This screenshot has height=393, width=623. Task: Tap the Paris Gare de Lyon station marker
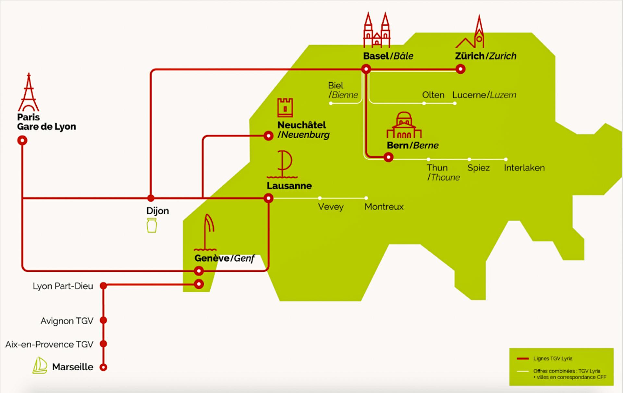click(x=22, y=140)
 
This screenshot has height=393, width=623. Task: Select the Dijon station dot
click(x=151, y=198)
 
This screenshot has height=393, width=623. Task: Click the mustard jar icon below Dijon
click(x=152, y=225)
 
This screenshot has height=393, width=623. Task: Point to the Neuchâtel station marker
click(x=268, y=135)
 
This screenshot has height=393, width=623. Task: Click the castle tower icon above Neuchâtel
click(x=285, y=107)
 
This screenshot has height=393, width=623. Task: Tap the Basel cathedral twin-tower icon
click(x=376, y=30)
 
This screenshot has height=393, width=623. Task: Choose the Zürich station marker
click(x=460, y=69)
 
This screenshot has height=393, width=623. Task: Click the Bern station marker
click(x=388, y=157)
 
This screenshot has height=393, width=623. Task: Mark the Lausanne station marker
click(x=268, y=198)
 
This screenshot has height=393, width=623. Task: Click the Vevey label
click(x=331, y=207)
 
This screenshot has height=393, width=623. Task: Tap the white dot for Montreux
click(x=366, y=198)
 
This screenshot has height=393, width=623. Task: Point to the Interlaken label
click(x=524, y=168)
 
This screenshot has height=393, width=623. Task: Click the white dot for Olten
click(x=424, y=103)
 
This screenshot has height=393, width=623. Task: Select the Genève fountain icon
click(x=206, y=232)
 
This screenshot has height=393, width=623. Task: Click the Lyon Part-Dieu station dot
click(x=104, y=285)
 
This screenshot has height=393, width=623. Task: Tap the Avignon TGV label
click(x=67, y=321)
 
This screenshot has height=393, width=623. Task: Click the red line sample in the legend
click(x=523, y=359)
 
